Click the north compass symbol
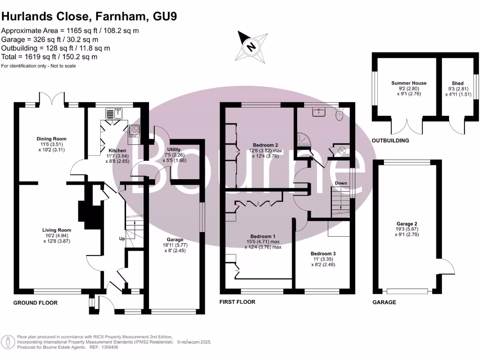point(252,46)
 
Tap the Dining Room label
point(52,139)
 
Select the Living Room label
point(57,230)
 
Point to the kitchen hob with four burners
point(134,131)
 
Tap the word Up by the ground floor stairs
point(121,239)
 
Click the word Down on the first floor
point(341,183)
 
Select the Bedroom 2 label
point(266,145)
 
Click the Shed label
point(457,83)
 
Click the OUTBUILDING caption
point(390,141)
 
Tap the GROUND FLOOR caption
point(35,303)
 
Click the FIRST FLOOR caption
point(237,302)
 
